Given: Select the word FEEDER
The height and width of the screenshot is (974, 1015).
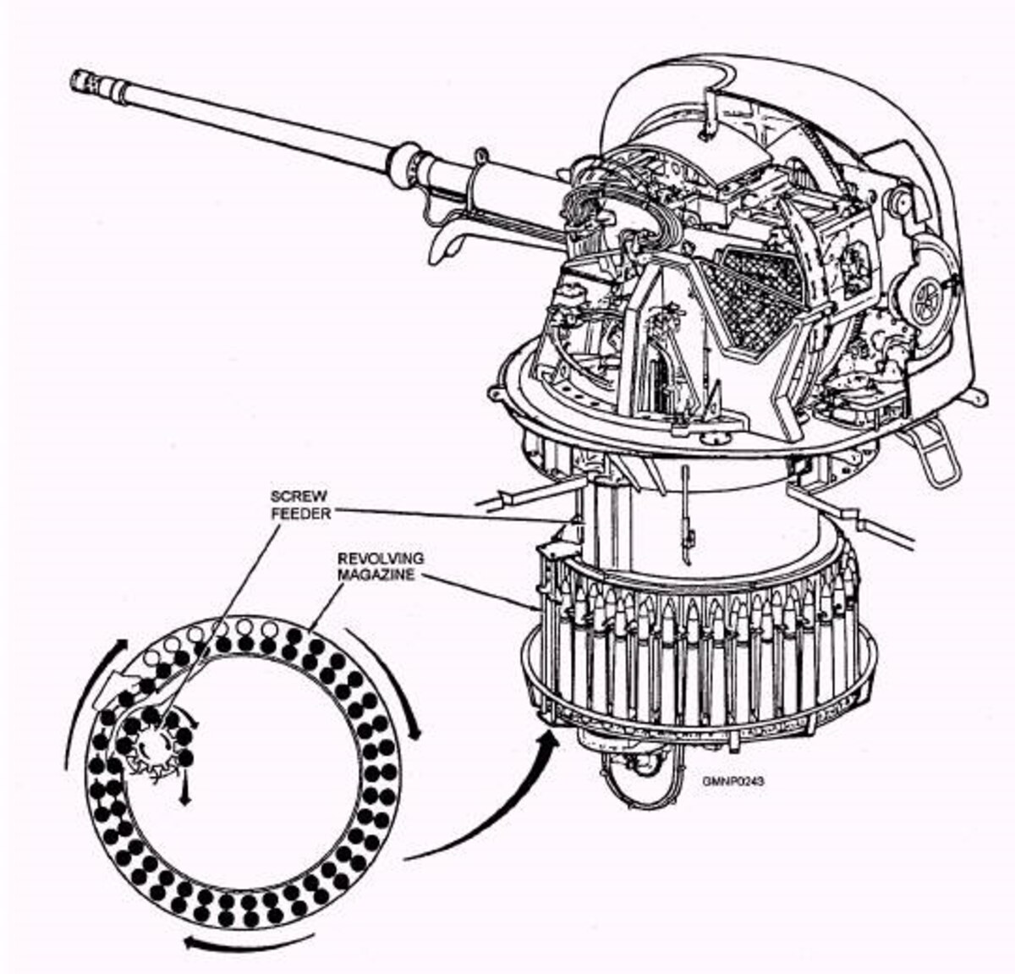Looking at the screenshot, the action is point(301,514).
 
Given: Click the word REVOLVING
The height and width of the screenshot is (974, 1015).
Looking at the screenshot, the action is point(381,559).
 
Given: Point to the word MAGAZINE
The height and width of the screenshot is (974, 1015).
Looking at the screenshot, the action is point(376,575).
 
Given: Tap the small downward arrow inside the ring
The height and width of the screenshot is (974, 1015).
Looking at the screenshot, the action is point(183,785).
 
